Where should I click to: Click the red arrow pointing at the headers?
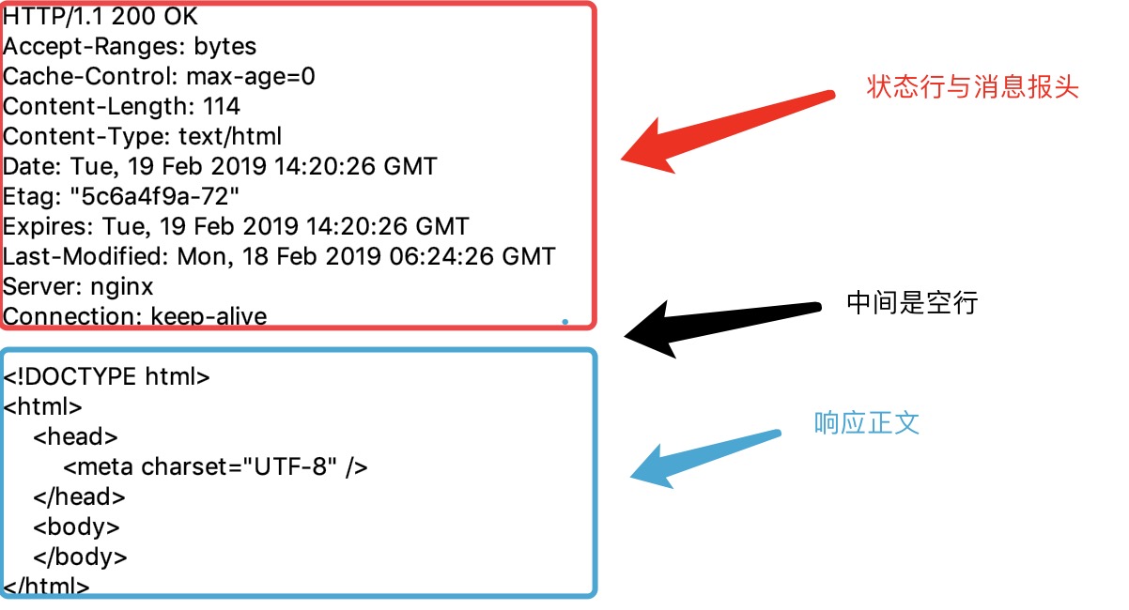pos(726,131)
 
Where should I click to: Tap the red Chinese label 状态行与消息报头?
pos(972,86)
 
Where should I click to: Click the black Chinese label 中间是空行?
pos(912,303)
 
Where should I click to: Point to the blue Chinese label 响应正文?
pos(867,422)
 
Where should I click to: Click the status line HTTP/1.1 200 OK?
pos(100,16)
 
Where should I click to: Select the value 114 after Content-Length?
pos(222,106)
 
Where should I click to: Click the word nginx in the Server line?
pos(121,287)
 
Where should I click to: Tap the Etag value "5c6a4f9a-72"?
pos(154,196)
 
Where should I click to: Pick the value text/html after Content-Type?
pos(230,136)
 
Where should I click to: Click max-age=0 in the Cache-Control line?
pos(251,77)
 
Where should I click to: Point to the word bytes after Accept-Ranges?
pos(225,47)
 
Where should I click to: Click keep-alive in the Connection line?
pos(209,316)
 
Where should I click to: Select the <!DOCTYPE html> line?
pos(106,376)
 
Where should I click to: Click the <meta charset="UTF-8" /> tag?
pos(216,467)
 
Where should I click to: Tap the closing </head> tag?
pos(79,497)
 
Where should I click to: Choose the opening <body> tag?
pos(76,527)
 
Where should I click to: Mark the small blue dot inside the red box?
pos(565,321)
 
